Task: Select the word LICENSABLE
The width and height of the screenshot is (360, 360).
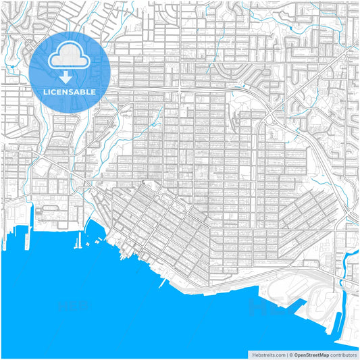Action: coord(70,91)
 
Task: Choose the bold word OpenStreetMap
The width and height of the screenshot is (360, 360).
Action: coord(311,354)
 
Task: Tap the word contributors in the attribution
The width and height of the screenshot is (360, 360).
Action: coord(344,354)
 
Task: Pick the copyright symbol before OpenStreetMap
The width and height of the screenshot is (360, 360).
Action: coord(291,354)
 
